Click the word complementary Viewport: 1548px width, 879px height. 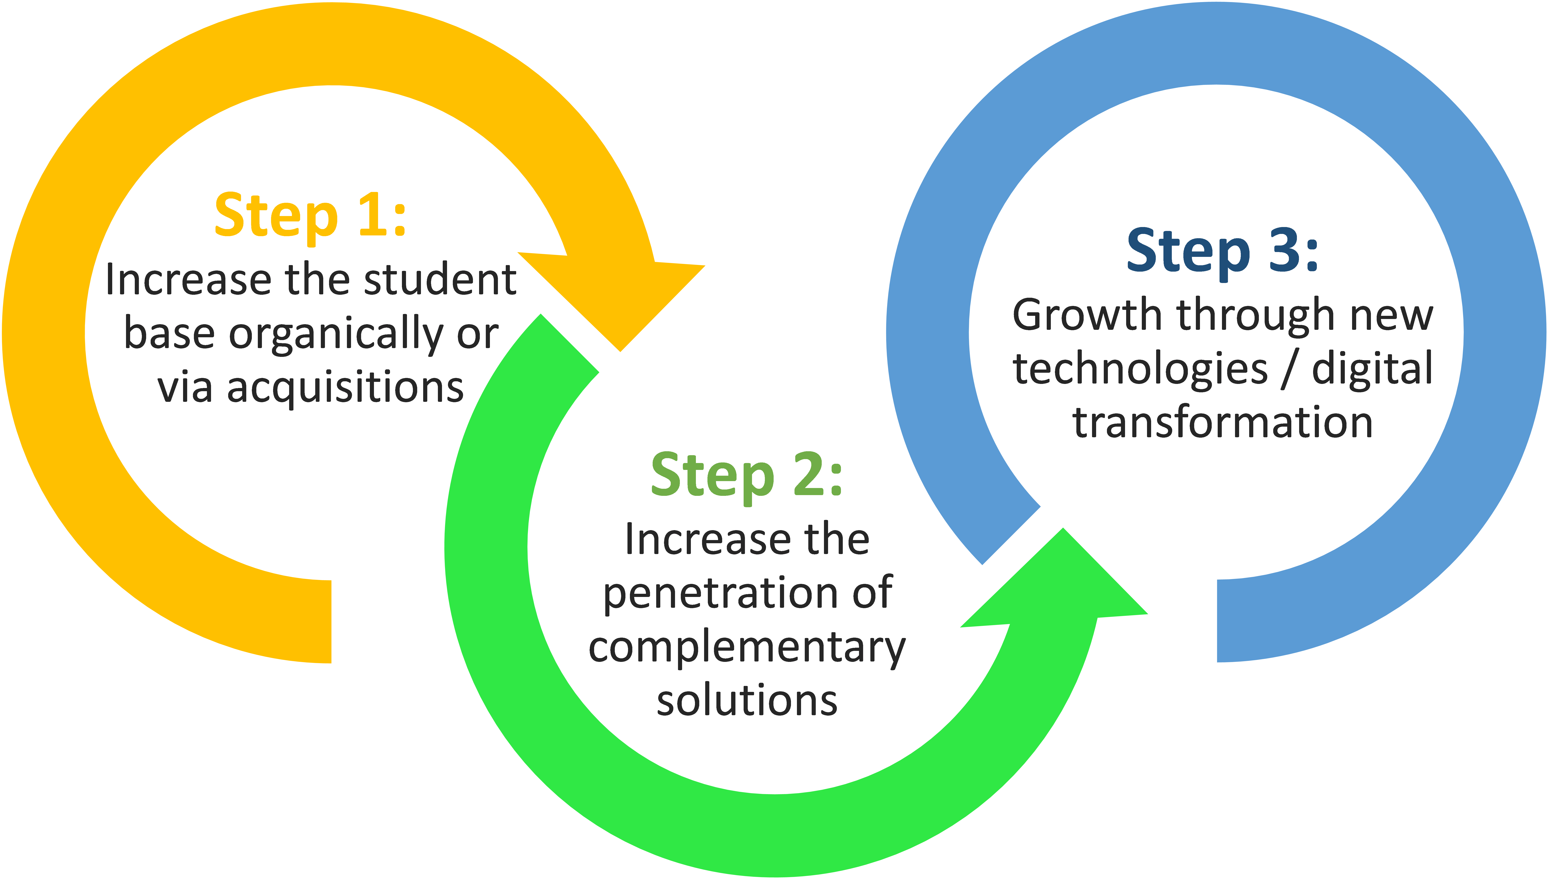[x=747, y=647]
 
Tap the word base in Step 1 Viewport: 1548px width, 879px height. [x=169, y=334]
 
